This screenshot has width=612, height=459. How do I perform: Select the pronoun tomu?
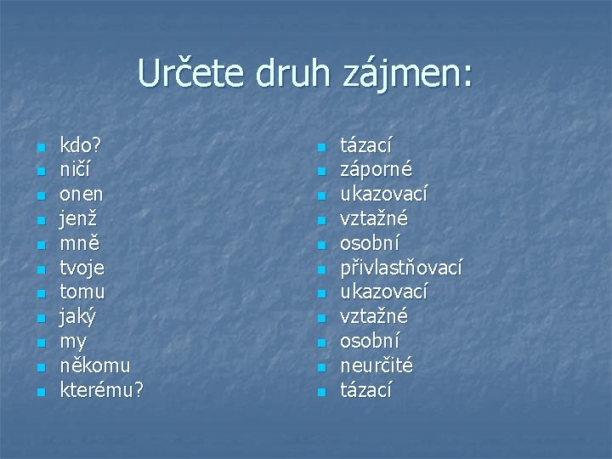83,292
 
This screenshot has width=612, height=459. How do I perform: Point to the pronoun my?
73,342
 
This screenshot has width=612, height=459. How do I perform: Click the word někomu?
95,366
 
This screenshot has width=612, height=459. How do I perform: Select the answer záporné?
377,170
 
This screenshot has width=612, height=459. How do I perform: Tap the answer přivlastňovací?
401,268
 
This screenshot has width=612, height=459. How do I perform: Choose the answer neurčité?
377,366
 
